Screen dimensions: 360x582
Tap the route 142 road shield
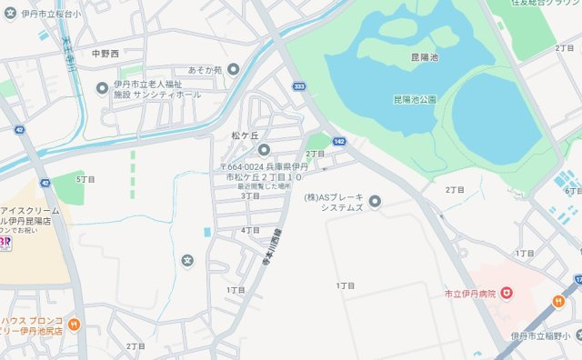[339, 142]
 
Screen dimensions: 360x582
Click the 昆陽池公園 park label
[415, 98]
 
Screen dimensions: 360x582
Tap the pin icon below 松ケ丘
[264, 150]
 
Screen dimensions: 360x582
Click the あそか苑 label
[206, 69]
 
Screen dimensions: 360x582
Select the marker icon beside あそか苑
[234, 69]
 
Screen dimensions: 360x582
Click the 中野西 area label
[105, 55]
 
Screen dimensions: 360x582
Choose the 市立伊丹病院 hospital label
[467, 293]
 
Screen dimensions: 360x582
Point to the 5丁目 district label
[85, 179]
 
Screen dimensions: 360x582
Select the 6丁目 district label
[572, 191]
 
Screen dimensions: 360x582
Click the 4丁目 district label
[251, 231]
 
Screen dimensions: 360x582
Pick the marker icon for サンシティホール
[102, 87]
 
